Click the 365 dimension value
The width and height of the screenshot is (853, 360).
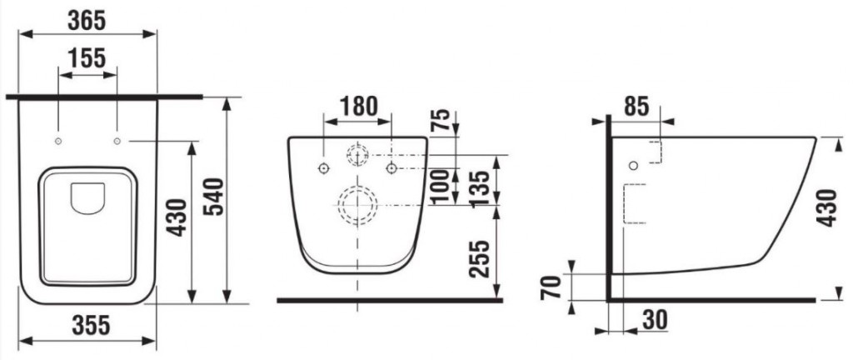click(87, 21)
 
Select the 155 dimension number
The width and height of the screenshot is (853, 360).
click(87, 58)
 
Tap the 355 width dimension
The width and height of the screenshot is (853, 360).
click(91, 325)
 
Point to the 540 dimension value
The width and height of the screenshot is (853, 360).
click(214, 197)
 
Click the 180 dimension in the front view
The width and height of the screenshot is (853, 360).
click(358, 107)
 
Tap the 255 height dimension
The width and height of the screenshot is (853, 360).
click(480, 259)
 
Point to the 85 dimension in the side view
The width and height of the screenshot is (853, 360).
click(636, 107)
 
